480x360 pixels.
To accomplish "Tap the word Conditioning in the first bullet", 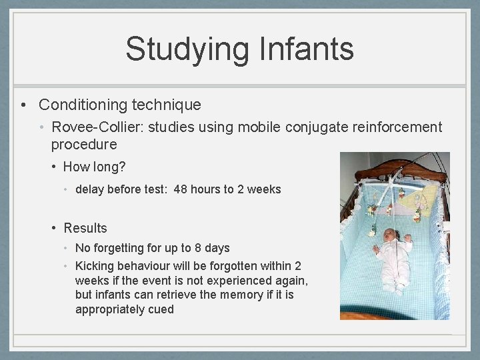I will coord(83,105).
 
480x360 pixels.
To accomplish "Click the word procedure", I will coord(83,144).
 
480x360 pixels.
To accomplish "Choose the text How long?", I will coord(94,167).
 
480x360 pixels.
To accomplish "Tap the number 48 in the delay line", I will coord(181,189).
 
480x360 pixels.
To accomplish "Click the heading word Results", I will coord(85,228).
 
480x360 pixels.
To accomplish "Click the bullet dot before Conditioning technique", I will coord(23,105).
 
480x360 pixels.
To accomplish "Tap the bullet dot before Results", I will coord(55,228).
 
